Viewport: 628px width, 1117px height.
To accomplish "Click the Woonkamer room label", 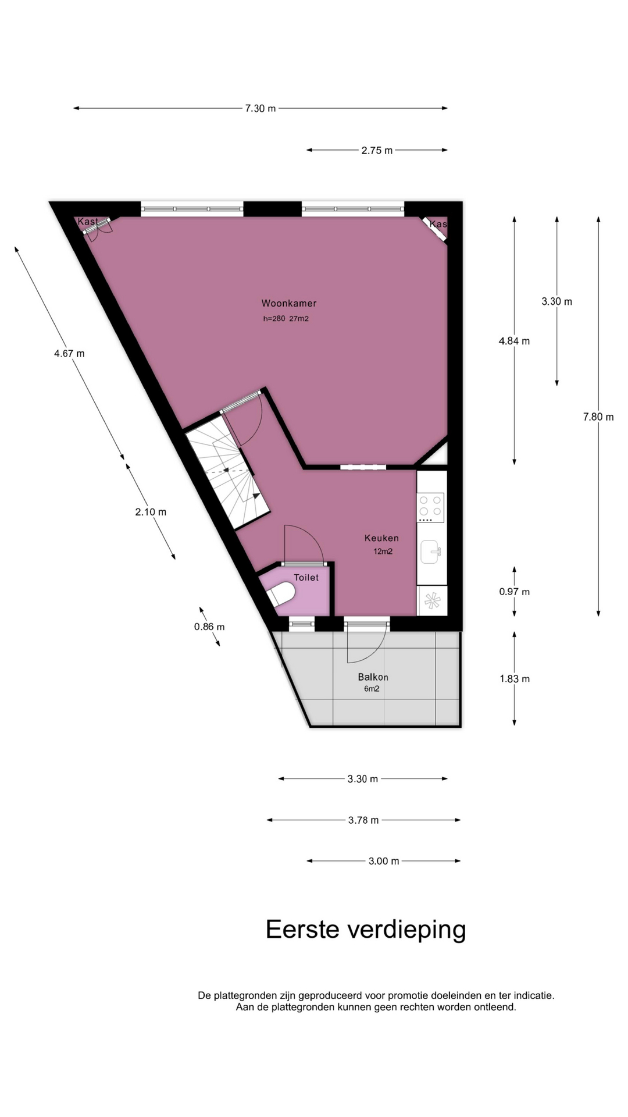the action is click(289, 303).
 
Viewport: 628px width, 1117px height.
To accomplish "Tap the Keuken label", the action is click(381, 538).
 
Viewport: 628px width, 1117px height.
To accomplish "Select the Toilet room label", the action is click(306, 578).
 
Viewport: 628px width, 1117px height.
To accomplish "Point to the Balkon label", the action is click(373, 677).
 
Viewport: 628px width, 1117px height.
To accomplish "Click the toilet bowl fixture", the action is click(281, 594).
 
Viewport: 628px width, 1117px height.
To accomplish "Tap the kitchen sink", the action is click(430, 552).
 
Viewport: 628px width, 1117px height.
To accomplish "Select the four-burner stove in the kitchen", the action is click(431, 507).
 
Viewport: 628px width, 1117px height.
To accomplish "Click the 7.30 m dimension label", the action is click(261, 108).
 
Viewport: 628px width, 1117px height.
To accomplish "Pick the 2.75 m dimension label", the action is click(377, 150).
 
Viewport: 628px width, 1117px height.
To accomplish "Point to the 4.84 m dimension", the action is click(514, 341).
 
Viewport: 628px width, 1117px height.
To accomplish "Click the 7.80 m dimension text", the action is click(598, 417).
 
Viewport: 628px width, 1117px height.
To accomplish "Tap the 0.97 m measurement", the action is click(514, 592).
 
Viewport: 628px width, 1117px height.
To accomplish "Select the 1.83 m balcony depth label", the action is click(515, 679).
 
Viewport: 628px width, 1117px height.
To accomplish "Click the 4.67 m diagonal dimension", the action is click(69, 353).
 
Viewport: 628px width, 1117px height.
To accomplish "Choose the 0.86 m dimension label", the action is click(209, 627).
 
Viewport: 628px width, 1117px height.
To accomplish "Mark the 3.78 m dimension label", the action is click(363, 820).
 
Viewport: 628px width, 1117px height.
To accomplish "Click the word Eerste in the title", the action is click(302, 930).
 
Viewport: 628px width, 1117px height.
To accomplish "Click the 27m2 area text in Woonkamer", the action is click(299, 319).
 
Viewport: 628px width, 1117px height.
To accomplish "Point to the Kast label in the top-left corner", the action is click(88, 222).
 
